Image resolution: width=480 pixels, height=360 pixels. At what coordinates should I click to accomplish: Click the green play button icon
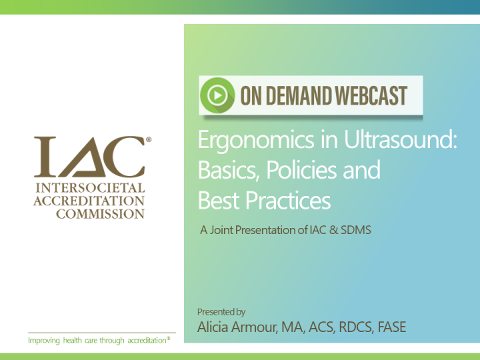click(217, 96)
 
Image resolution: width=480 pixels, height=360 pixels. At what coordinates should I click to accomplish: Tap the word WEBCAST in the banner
click(371, 96)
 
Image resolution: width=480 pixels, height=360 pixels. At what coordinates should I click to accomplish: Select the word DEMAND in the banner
click(299, 96)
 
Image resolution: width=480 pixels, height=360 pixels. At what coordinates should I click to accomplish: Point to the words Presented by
click(221, 311)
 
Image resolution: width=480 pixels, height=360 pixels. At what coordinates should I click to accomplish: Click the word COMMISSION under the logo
click(89, 214)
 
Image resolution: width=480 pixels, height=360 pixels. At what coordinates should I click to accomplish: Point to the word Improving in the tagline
click(43, 341)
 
